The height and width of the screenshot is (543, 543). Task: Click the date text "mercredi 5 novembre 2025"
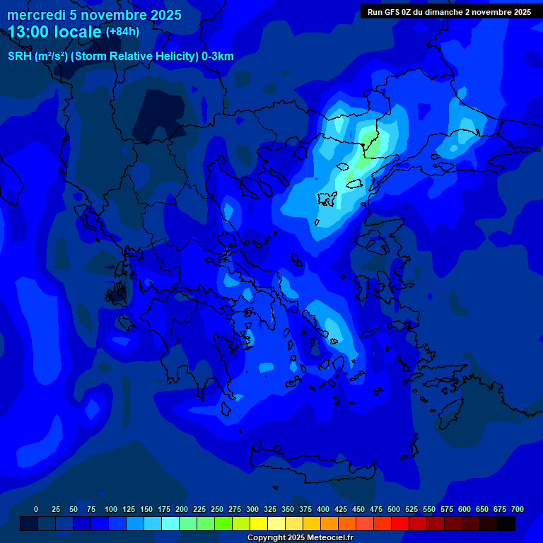tap(95, 15)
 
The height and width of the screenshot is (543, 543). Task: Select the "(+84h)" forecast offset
tap(122, 32)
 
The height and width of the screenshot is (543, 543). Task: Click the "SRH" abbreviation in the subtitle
tap(20, 57)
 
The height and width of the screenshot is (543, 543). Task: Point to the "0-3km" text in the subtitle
tap(218, 57)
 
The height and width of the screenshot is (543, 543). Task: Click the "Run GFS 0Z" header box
tap(450, 11)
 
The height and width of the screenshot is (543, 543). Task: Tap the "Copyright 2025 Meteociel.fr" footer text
tap(300, 537)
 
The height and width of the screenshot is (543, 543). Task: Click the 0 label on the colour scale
tap(36, 509)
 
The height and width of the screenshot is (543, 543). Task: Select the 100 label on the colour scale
tap(111, 509)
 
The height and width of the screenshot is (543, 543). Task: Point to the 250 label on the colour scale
tap(217, 509)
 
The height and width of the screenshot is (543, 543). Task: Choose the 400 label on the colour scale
tap(323, 509)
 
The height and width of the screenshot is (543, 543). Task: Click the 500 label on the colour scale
tap(394, 509)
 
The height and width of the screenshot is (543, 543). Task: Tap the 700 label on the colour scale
tap(518, 509)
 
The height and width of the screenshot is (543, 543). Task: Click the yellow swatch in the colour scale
tap(259, 523)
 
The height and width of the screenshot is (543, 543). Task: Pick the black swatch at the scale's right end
tap(506, 523)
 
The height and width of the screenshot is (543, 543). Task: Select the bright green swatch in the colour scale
tap(223, 523)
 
